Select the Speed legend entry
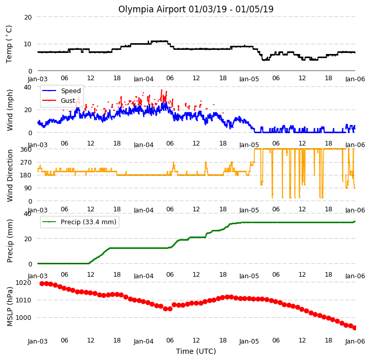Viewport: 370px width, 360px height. click(61, 91)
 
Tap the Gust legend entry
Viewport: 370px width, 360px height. click(59, 101)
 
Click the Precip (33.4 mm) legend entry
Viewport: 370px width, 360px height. click(79, 222)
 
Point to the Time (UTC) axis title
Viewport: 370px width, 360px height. click(196, 351)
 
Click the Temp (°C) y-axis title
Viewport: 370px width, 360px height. click(9, 44)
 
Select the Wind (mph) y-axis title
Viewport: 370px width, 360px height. click(10, 111)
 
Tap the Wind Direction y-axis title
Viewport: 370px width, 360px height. click(10, 176)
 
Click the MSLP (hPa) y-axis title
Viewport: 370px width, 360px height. click(10, 307)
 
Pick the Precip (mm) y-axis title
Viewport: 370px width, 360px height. click(10, 241)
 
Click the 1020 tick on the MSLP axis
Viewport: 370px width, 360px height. click(23, 283)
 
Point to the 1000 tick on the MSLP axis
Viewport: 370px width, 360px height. click(23, 317)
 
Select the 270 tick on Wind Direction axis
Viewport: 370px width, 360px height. click(26, 163)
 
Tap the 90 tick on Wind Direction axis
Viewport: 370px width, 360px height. click(28, 188)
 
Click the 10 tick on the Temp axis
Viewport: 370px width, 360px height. click(28, 44)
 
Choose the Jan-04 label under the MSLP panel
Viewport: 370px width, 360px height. click(144, 341)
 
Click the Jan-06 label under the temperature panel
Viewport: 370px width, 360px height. click(355, 79)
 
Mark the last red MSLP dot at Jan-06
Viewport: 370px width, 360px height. click(355, 328)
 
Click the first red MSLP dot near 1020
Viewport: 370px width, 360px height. click(42, 283)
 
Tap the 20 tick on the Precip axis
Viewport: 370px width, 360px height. click(28, 239)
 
